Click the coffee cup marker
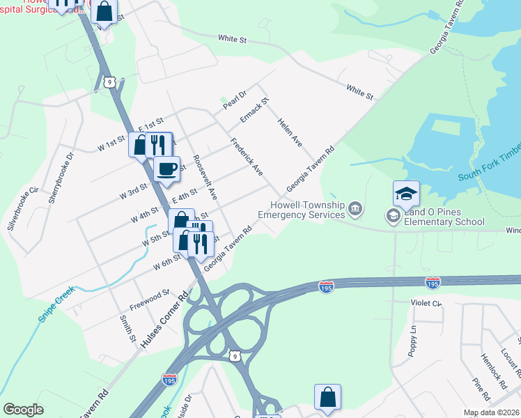[166, 169]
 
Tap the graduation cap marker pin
[406, 193]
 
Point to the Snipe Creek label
[56, 304]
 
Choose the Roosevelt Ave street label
[205, 177]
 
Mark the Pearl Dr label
[235, 100]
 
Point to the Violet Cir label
[426, 303]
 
